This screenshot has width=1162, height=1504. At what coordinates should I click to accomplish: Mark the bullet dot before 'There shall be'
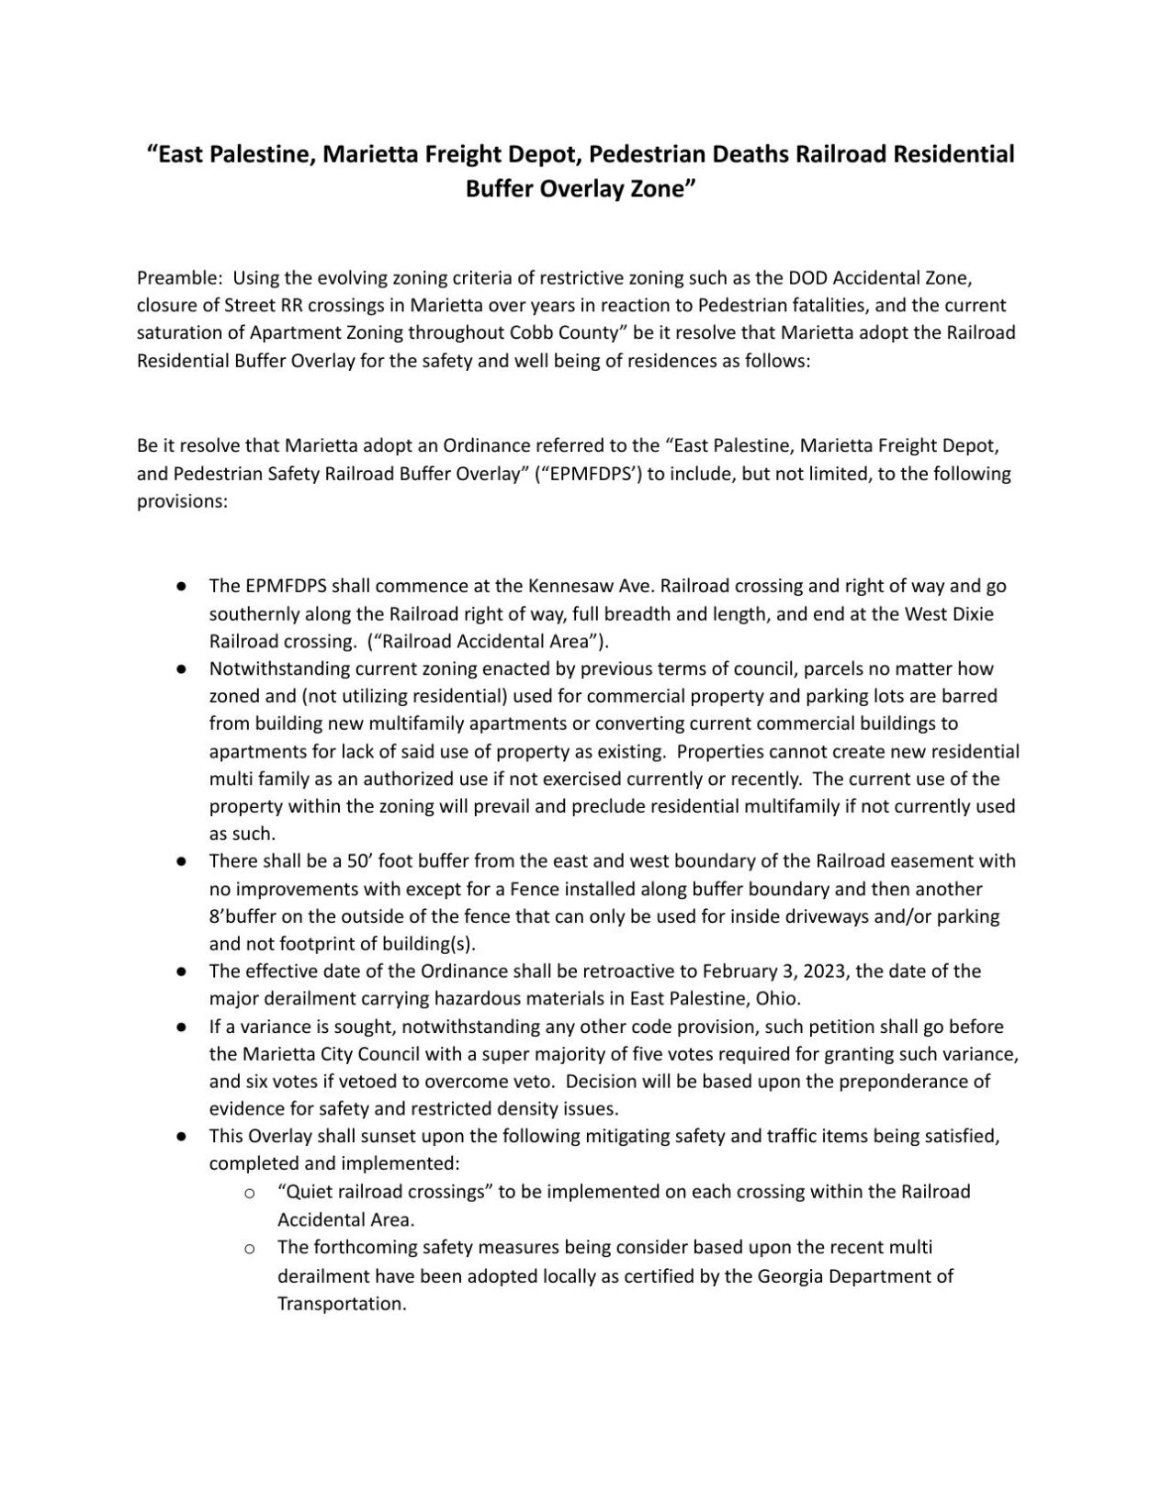(183, 862)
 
